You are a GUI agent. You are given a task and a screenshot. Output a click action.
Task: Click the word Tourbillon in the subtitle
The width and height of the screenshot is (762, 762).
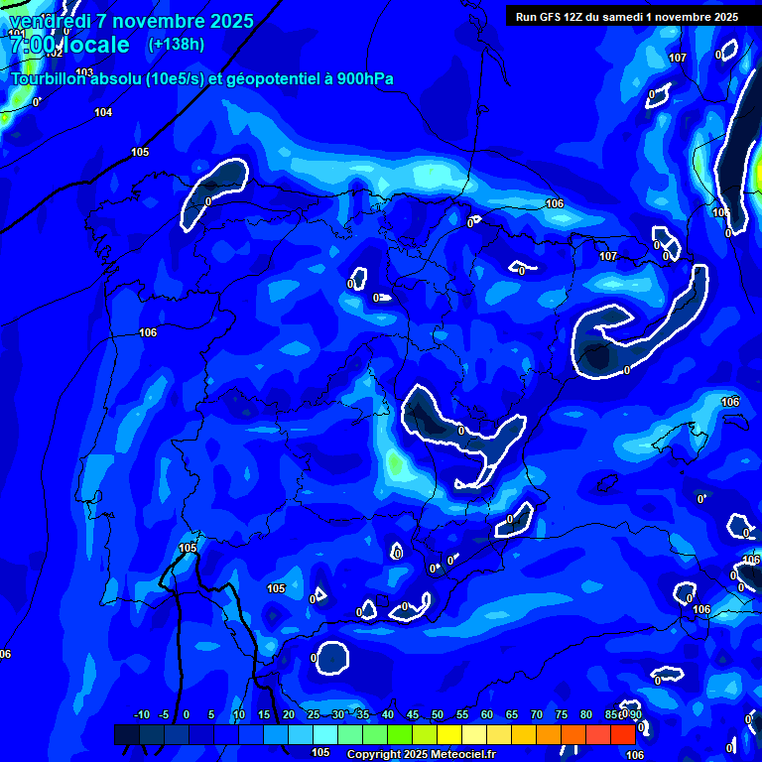click(x=51, y=79)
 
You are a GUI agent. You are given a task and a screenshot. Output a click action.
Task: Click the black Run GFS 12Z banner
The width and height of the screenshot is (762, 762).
click(x=626, y=17)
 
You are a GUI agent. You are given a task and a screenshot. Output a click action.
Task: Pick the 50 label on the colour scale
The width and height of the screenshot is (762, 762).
click(x=437, y=714)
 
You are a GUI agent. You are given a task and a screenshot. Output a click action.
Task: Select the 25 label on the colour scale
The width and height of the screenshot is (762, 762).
click(x=313, y=714)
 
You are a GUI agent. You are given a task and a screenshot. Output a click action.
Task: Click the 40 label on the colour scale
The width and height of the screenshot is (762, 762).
click(x=387, y=714)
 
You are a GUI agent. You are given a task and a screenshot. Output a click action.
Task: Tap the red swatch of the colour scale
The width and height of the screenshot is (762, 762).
click(x=622, y=734)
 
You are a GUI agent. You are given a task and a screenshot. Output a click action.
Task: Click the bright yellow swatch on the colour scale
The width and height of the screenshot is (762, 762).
click(x=448, y=734)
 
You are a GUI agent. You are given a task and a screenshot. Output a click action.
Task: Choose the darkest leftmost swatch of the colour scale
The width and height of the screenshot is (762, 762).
click(x=126, y=734)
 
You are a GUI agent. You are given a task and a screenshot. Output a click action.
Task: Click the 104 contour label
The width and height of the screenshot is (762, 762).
click(x=103, y=112)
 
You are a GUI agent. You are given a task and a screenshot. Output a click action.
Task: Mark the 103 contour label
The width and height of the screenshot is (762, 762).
click(x=84, y=72)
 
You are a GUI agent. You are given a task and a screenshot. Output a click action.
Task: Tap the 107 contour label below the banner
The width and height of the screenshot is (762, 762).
click(x=678, y=58)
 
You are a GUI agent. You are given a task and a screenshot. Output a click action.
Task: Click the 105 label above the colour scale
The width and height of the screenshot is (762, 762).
click(x=320, y=752)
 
